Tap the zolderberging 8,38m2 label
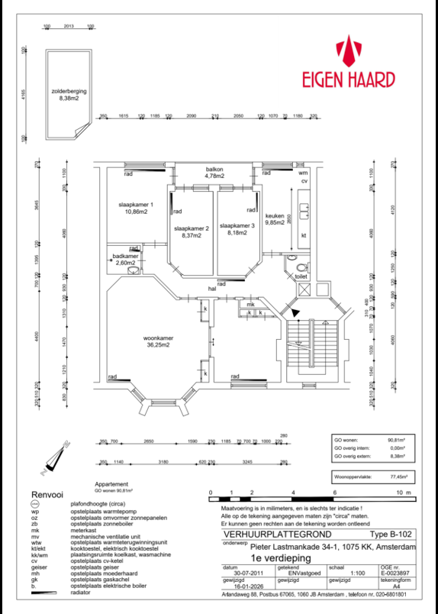[63, 94]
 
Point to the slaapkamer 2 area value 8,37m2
[192, 236]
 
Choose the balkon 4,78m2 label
[214, 173]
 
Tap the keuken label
[274, 216]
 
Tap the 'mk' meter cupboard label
[250, 305]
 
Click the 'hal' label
[213, 289]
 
